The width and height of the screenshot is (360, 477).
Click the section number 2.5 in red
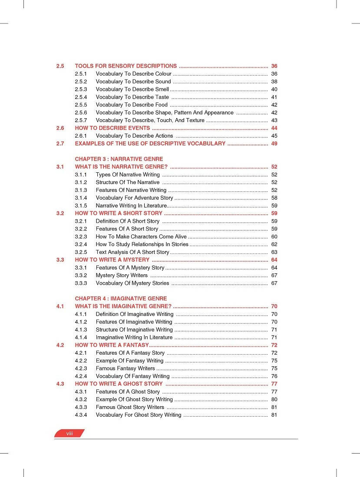60,66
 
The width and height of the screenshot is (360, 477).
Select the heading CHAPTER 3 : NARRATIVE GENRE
119,159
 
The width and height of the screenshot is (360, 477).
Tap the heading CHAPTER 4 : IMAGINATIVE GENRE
121,299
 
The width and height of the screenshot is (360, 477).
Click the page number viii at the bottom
69,434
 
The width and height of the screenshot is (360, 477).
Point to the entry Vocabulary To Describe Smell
132,89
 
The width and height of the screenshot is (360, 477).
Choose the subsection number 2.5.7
81,120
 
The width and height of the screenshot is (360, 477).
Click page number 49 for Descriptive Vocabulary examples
274,144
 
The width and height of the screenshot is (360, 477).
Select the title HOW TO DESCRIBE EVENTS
112,128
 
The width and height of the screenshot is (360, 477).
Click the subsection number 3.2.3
81,237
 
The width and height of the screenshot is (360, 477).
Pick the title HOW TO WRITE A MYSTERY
112,260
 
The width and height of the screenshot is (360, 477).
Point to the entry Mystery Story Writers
122,275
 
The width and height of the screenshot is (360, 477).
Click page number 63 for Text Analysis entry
274,252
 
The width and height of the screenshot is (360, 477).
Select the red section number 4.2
60,345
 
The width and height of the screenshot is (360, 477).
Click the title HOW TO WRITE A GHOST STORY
119,384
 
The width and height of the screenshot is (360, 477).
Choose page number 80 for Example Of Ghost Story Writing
274,399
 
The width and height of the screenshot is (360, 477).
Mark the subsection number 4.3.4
81,415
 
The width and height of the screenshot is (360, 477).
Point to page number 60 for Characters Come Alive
274,237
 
